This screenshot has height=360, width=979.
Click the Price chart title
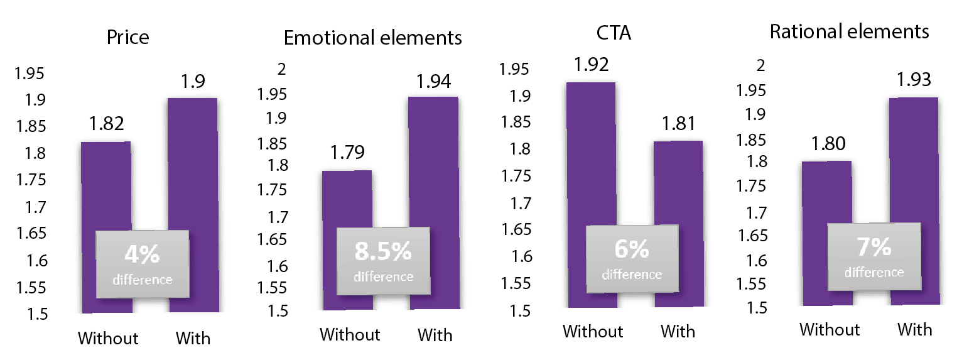pos(128,37)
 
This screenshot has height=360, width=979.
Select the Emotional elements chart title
pos(372,38)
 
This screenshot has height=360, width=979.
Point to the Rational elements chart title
pos(849,32)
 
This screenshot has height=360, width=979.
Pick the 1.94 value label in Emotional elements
pos(434,82)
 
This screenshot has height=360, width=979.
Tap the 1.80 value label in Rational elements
pos(827,145)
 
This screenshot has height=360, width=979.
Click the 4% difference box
pos(142,264)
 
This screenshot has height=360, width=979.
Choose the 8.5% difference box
pos(383,260)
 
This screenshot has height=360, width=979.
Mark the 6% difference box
pos(632,258)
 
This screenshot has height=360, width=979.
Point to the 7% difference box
pos(874,256)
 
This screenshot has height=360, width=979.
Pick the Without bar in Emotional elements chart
pos(347,201)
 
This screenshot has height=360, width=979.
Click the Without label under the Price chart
pos(107,338)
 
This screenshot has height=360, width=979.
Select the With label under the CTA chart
pos(678,331)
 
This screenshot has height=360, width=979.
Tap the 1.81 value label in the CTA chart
pos(678,124)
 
